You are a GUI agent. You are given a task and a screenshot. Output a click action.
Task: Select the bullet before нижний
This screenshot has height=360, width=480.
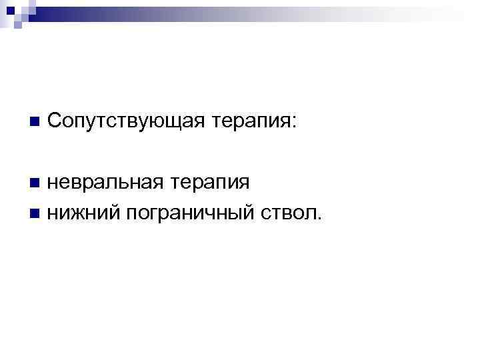pyautogui.click(x=34, y=213)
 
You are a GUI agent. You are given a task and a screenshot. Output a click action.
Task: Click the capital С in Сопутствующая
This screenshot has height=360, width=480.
pyautogui.click(x=55, y=121)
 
